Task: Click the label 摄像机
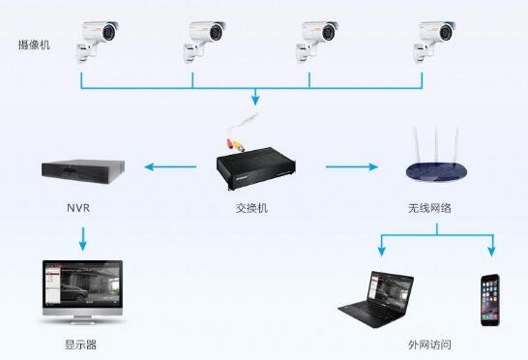34,45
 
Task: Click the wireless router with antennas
437,165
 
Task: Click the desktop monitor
81,290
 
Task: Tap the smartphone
490,299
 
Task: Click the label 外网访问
429,345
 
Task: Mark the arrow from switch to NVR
170,167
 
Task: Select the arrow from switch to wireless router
350,167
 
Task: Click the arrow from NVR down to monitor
82,237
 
